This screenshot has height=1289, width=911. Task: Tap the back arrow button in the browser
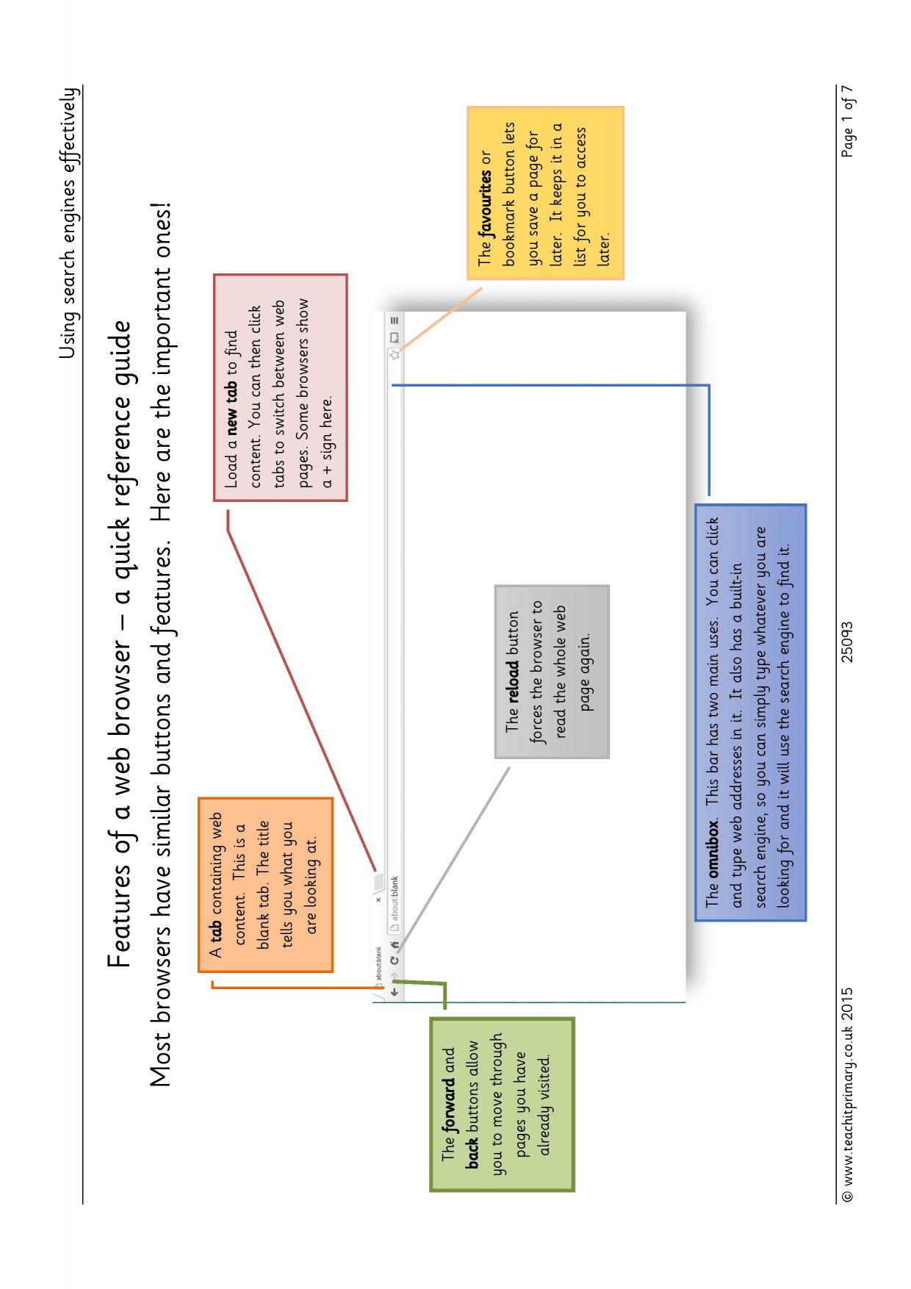[x=395, y=991]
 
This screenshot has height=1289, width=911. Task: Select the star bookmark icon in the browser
[x=395, y=354]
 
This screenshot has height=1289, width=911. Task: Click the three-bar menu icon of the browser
[x=395, y=320]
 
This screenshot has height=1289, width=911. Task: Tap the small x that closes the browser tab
[x=378, y=899]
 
